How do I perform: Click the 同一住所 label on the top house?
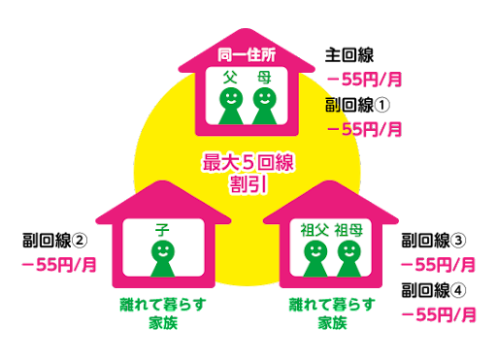pyautogui.click(x=248, y=54)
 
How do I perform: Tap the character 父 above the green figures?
pyautogui.click(x=230, y=77)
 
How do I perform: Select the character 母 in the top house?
pyautogui.click(x=263, y=77)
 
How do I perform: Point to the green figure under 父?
pyautogui.click(x=231, y=105)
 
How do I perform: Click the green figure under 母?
pyautogui.click(x=263, y=105)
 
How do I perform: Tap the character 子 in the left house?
pyautogui.click(x=163, y=230)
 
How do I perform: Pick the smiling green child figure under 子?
pyautogui.click(x=163, y=258)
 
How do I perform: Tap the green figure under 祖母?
pyautogui.click(x=348, y=258)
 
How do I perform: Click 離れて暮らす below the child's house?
pyautogui.click(x=161, y=304)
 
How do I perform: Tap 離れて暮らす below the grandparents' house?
pyautogui.click(x=332, y=304)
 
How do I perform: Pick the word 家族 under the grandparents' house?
pyautogui.click(x=332, y=322)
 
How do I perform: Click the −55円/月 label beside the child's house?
pyautogui.click(x=59, y=264)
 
